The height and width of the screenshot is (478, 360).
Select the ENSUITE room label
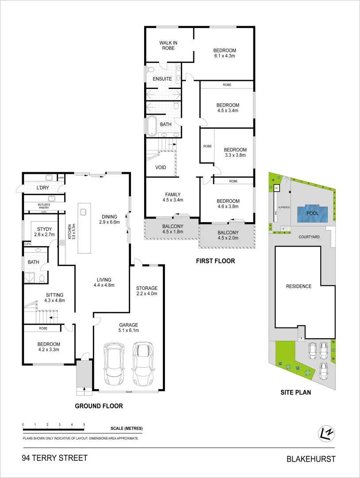(x=162, y=79)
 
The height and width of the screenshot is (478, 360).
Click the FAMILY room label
(x=172, y=194)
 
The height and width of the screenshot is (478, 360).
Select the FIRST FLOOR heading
(x=215, y=261)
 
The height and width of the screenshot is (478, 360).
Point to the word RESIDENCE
(x=299, y=286)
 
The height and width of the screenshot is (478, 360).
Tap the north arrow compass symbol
(x=326, y=434)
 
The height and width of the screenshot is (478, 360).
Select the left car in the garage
(x=114, y=364)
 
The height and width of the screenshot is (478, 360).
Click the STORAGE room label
(x=147, y=288)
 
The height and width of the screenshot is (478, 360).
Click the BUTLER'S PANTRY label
(x=43, y=205)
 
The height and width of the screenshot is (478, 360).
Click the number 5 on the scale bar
(x=84, y=424)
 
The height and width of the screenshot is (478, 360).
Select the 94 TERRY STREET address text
(x=54, y=458)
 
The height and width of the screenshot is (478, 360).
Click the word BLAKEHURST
(x=311, y=459)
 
